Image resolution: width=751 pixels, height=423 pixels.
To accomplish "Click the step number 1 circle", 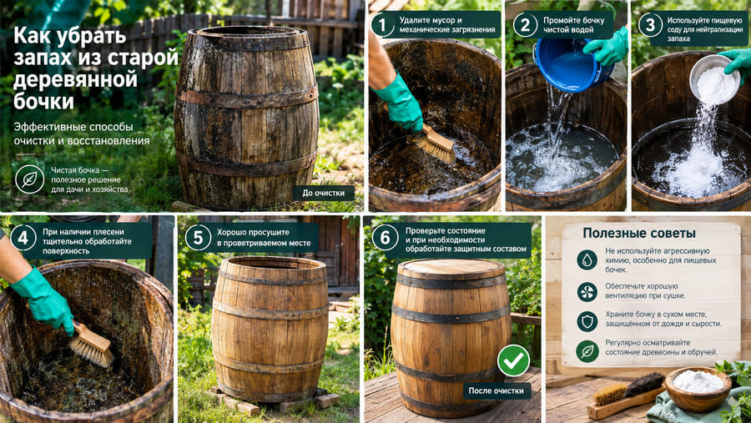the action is pyautogui.click(x=383, y=25).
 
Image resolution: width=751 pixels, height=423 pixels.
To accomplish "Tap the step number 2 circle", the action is pyautogui.click(x=526, y=25).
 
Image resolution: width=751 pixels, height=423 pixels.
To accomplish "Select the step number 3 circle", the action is pyautogui.click(x=650, y=25).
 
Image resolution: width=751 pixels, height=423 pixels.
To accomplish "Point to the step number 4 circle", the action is pyautogui.click(x=23, y=238).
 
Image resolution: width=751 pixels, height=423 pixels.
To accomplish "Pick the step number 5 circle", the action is pyautogui.click(x=198, y=238).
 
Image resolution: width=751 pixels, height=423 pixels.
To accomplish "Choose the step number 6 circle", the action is pyautogui.click(x=385, y=238).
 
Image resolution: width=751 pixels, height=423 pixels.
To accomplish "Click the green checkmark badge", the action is pyautogui.click(x=513, y=360).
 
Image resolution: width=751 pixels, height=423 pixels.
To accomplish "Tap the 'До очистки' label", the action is pyautogui.click(x=323, y=193).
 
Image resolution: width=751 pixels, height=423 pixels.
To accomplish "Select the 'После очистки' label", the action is pyautogui.click(x=496, y=391).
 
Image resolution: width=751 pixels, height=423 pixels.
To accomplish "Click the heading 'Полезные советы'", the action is pyautogui.click(x=639, y=234).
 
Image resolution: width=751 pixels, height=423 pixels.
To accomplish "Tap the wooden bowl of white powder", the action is pyautogui.click(x=698, y=389).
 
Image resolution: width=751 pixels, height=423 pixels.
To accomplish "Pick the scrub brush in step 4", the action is pyautogui.click(x=92, y=345).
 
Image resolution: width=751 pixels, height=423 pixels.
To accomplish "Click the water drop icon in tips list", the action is pyautogui.click(x=587, y=260).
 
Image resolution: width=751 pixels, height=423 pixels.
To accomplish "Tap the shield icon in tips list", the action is pyautogui.click(x=587, y=321).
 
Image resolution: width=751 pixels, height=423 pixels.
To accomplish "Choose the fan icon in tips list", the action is pyautogui.click(x=587, y=292).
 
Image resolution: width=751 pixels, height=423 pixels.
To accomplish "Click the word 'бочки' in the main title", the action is pyautogui.click(x=43, y=101).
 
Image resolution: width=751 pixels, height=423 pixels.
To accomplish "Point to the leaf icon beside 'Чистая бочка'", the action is pyautogui.click(x=30, y=179).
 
